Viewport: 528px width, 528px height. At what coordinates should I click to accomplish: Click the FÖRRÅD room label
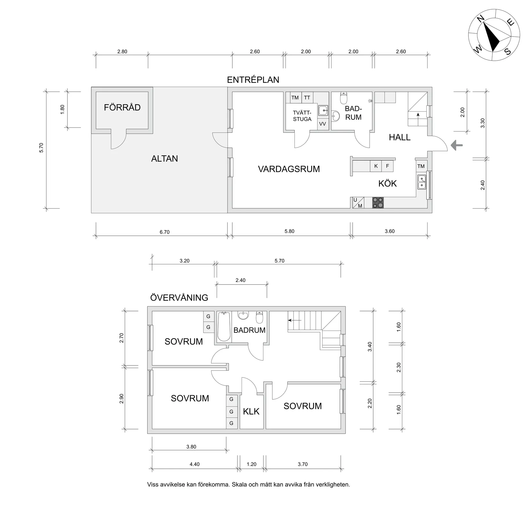pos(122,107)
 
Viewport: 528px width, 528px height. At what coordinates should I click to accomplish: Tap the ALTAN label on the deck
pos(164,159)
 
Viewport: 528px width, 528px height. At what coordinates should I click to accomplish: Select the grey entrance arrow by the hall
pos(457,146)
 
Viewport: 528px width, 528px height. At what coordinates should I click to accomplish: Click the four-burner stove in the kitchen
pos(378,203)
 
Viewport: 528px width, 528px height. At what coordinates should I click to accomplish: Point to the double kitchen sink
pos(422,182)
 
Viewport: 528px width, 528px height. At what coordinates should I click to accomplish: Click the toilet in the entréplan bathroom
pos(344,98)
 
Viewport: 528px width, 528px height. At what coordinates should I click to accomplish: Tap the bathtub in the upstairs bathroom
pos(224,327)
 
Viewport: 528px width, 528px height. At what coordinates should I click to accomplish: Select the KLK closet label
pos(251,412)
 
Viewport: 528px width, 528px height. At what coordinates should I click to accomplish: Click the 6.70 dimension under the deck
pos(164,232)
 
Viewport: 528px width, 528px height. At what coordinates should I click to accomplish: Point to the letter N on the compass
pos(480,20)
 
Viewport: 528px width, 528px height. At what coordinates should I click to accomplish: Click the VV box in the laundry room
pos(323,124)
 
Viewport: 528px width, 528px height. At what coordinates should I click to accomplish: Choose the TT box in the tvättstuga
pos(307,98)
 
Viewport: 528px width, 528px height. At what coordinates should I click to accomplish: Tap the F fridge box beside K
pos(388,166)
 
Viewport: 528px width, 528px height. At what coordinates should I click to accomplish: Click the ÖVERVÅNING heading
pos(179,298)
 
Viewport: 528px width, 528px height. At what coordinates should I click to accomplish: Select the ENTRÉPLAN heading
pos(253,80)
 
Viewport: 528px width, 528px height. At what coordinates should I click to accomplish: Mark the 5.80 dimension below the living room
pos(289,231)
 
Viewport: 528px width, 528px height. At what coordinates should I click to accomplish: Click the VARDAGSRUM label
pos(289,169)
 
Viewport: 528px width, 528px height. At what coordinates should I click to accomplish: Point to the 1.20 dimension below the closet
pos(252,464)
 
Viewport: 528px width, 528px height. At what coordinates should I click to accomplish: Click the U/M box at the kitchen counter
pos(358,203)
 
